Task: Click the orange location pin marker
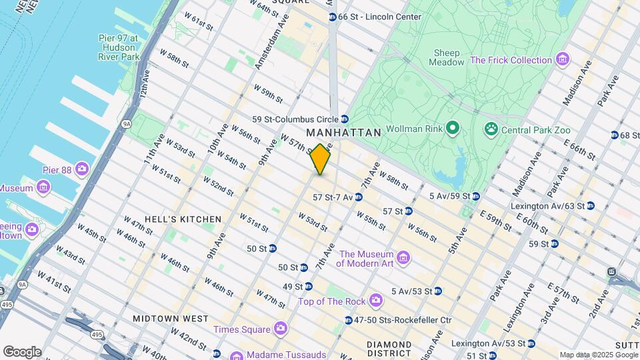click(321, 159)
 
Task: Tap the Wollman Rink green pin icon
click(452, 127)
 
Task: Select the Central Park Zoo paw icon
click(491, 127)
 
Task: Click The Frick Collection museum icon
click(563, 60)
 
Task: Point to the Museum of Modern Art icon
click(403, 258)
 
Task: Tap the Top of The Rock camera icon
click(376, 301)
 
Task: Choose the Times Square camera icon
click(280, 329)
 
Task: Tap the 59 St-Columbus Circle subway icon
click(345, 119)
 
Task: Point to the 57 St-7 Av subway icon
click(359, 197)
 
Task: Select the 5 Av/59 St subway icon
click(475, 196)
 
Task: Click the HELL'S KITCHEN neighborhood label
click(183, 219)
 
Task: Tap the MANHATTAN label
click(344, 133)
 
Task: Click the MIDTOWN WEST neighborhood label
click(170, 319)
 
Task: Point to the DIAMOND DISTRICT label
click(389, 348)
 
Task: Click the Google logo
click(22, 351)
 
